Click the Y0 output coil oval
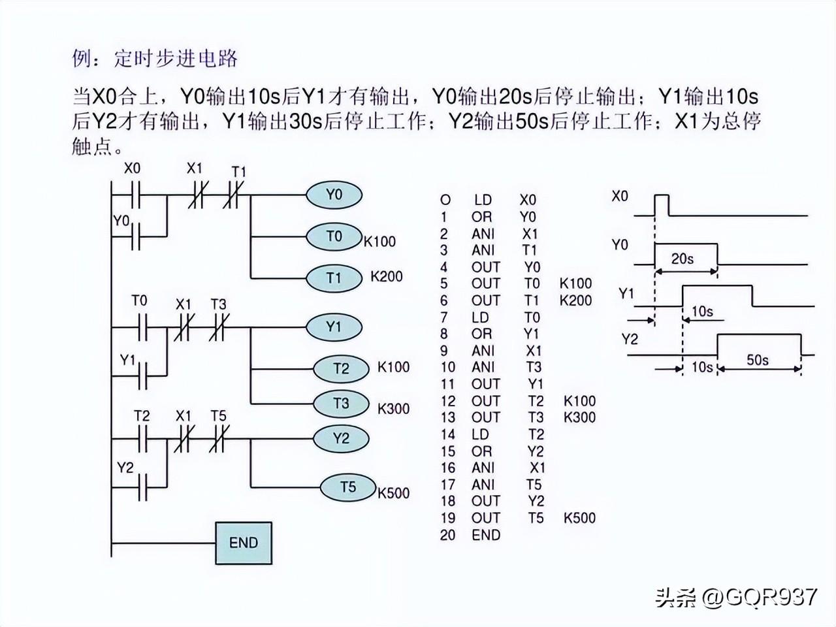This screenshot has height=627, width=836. pyautogui.click(x=334, y=195)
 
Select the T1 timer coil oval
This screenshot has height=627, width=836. pyautogui.click(x=334, y=278)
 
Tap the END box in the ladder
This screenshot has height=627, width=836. pyautogui.click(x=244, y=543)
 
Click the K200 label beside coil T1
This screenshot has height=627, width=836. pyautogui.click(x=387, y=276)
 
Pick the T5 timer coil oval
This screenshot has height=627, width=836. pyautogui.click(x=348, y=487)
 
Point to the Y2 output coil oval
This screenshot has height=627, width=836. pyautogui.click(x=341, y=438)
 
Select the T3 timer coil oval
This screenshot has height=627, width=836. pyautogui.click(x=341, y=404)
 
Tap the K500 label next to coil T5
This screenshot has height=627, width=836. pyautogui.click(x=394, y=493)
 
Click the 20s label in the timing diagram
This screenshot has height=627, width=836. pyautogui.click(x=683, y=259)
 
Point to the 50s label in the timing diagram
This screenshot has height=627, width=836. pyautogui.click(x=758, y=360)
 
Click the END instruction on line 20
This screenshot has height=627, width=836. pyautogui.click(x=486, y=535)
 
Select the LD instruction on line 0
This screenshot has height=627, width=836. pyautogui.click(x=483, y=200)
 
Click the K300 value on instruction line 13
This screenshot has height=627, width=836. pyautogui.click(x=579, y=417)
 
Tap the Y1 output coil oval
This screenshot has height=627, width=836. pyautogui.click(x=334, y=327)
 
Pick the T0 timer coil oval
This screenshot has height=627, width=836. pyautogui.click(x=334, y=236)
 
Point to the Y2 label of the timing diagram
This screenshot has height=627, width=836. pyautogui.click(x=630, y=339)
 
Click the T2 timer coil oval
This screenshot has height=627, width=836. pyautogui.click(x=341, y=369)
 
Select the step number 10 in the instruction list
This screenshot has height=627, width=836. pyautogui.click(x=447, y=367)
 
